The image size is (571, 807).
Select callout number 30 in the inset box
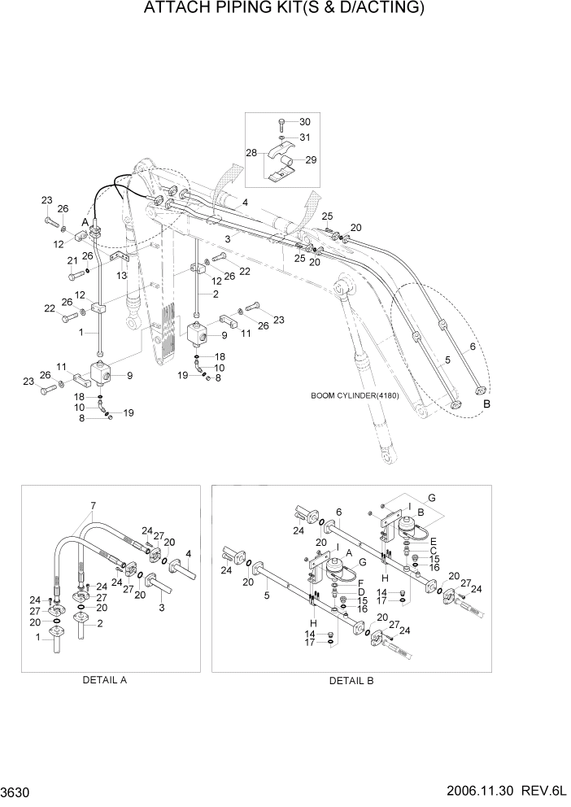305,122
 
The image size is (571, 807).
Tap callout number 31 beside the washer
305,137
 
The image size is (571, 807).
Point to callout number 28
251,152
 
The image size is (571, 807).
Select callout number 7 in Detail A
93,506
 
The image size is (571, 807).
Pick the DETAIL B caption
351,681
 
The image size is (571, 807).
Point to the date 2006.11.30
477,791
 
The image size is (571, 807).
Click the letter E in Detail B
433,541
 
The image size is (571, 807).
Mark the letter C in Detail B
433,551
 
